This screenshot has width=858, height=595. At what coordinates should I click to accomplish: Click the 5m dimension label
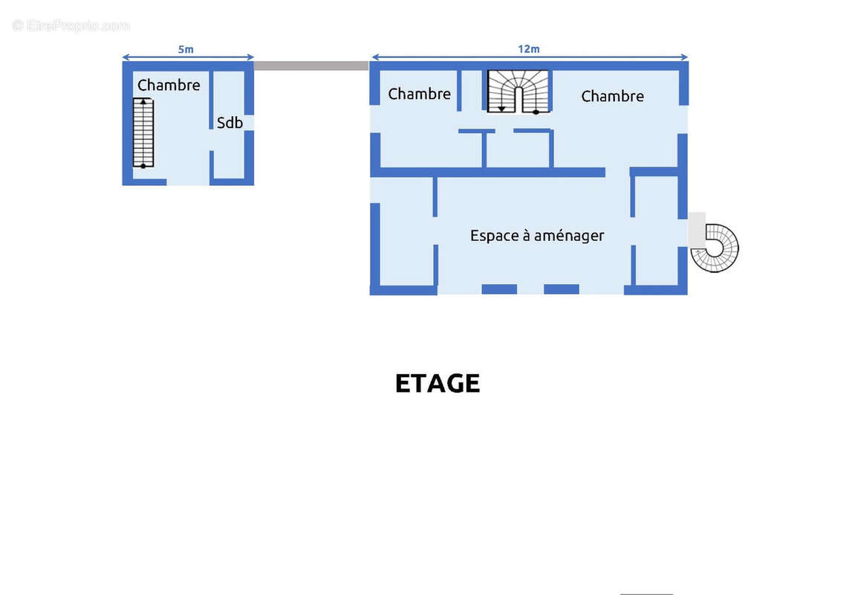coord(186,49)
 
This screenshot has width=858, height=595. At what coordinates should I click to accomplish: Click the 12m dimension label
coord(528,49)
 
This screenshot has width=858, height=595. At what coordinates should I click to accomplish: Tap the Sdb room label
coord(230,123)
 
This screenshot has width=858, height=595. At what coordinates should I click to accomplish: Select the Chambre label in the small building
coord(169,85)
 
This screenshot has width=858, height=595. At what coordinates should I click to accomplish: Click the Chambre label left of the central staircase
coord(419,94)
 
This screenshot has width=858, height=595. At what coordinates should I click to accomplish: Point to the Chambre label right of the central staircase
coord(612,96)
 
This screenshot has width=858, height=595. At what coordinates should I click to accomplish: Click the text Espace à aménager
coord(537,236)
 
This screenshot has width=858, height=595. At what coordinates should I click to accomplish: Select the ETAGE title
coord(437,383)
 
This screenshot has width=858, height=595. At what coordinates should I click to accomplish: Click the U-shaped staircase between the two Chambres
coord(518,91)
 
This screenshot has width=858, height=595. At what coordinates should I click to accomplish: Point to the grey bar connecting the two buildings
coord(311,65)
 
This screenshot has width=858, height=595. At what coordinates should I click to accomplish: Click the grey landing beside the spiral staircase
coord(697,229)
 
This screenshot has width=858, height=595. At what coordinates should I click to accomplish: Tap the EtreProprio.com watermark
coord(71,25)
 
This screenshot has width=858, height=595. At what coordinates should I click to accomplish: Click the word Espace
coord(493,236)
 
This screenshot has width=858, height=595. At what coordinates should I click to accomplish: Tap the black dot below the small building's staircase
coord(143,166)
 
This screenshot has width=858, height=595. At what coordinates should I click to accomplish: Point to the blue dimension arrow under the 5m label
coord(188,57)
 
